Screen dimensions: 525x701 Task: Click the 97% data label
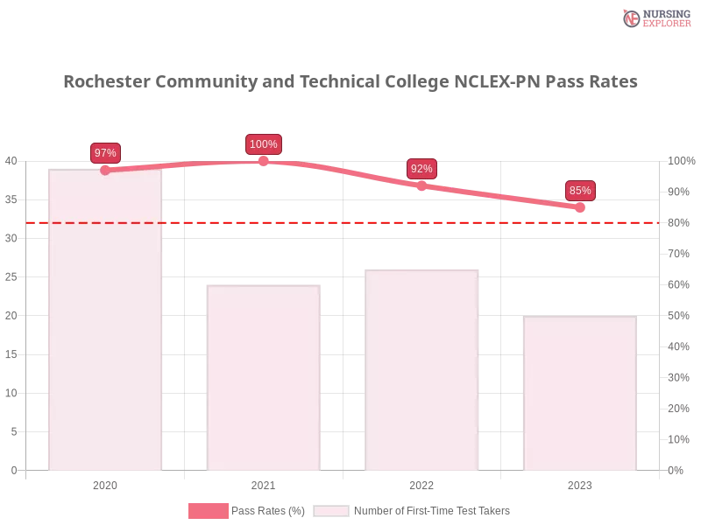105,153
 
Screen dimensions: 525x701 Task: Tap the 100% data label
263,144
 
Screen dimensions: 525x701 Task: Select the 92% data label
421,169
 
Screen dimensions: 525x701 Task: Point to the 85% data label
580,191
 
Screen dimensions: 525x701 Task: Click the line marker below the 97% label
105,170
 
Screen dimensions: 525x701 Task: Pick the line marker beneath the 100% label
263,160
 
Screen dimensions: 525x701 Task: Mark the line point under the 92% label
421,185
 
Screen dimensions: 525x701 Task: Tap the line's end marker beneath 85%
580,207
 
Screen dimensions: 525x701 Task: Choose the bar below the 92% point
423,372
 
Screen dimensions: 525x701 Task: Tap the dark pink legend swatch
208,510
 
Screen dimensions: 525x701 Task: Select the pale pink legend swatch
331,510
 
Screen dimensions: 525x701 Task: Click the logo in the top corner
655,18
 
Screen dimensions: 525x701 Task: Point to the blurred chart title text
350,82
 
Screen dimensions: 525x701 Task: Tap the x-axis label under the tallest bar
105,484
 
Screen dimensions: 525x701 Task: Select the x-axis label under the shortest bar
580,484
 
